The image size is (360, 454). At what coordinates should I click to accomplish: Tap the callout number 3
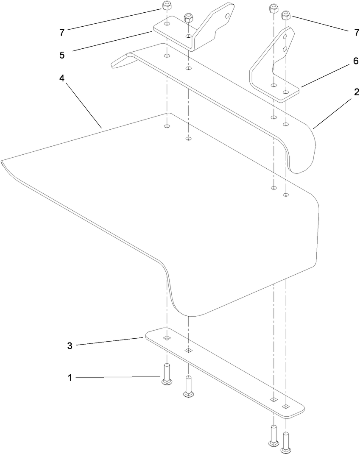click(70, 345)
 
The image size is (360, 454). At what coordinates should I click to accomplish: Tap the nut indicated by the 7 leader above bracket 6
click(286, 16)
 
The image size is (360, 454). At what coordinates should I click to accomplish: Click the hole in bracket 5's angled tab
click(228, 16)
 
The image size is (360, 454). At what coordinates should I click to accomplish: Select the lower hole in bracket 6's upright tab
click(286, 49)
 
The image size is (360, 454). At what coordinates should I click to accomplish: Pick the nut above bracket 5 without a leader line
click(188, 18)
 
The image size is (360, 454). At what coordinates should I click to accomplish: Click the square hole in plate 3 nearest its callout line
click(167, 338)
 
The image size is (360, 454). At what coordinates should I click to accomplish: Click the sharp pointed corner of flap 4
click(3, 162)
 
